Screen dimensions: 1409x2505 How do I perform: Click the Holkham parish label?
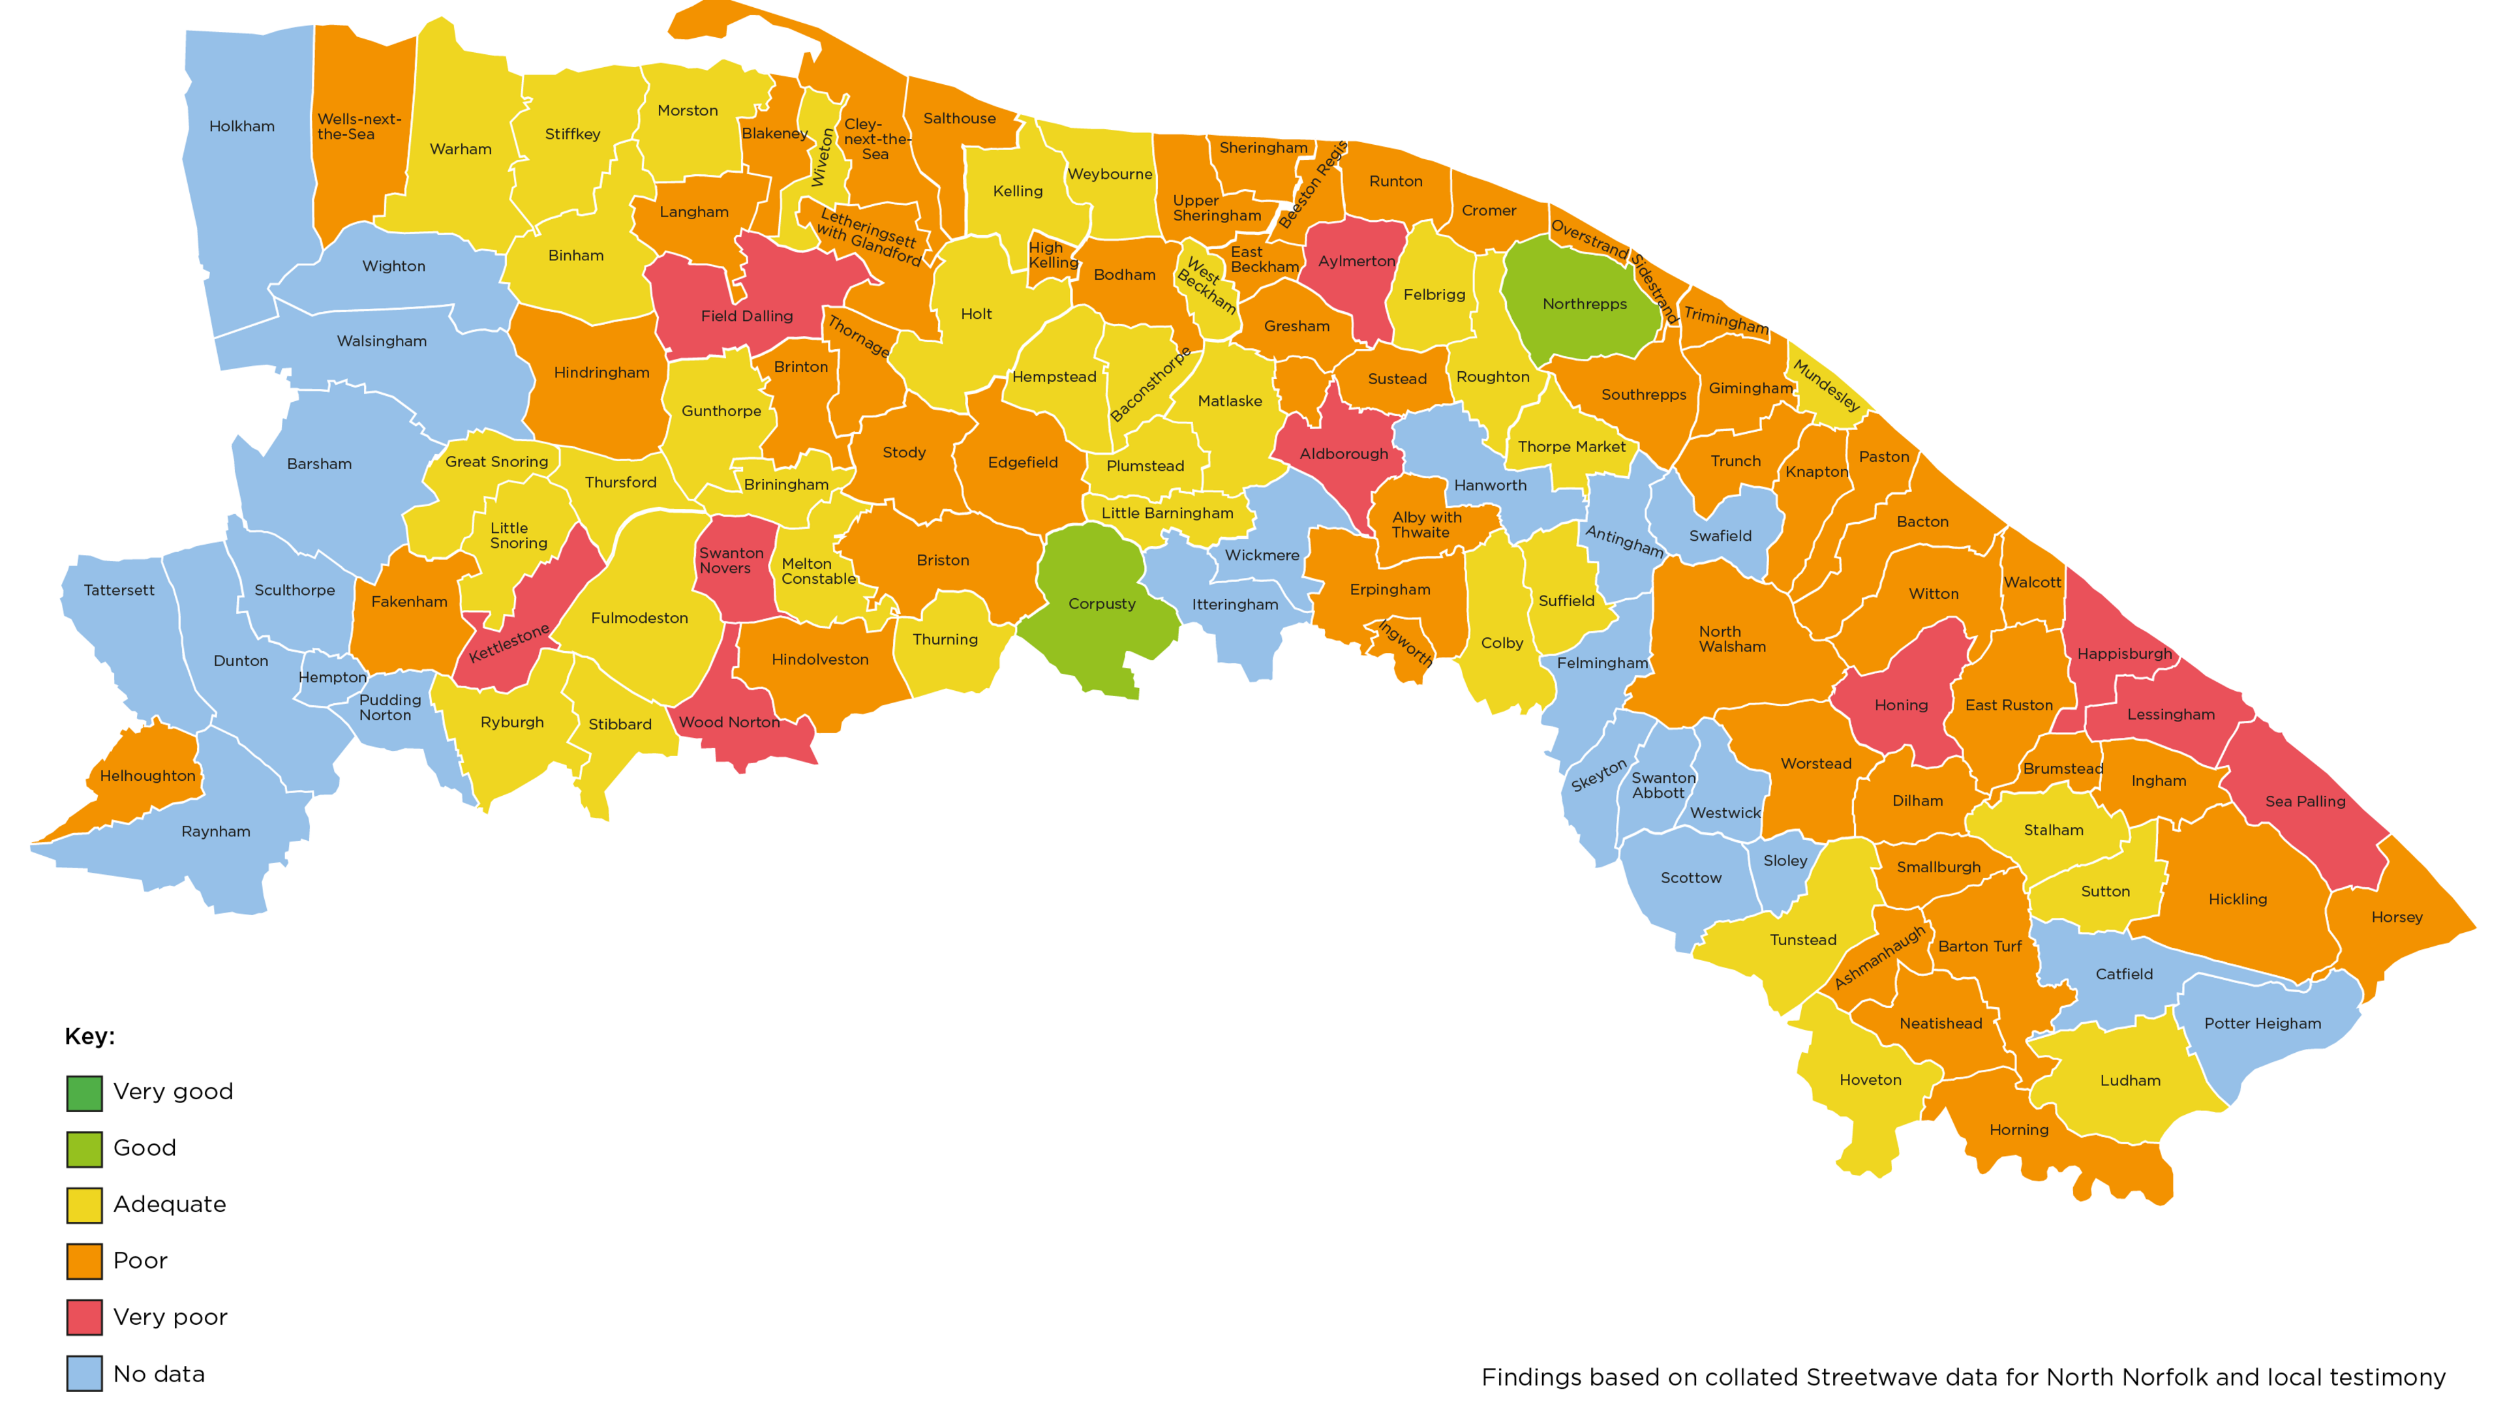pos(241,127)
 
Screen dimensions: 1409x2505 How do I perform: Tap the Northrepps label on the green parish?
pos(1584,305)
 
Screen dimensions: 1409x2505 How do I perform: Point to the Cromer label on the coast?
pos(1488,211)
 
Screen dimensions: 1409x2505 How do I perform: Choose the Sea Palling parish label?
pos(2305,801)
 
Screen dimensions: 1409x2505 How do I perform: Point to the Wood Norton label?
pos(729,723)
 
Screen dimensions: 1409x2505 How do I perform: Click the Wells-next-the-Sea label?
pos(358,127)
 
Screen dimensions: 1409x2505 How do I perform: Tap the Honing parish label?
pos(1900,705)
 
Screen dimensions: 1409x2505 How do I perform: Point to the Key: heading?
pos(89,1037)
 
